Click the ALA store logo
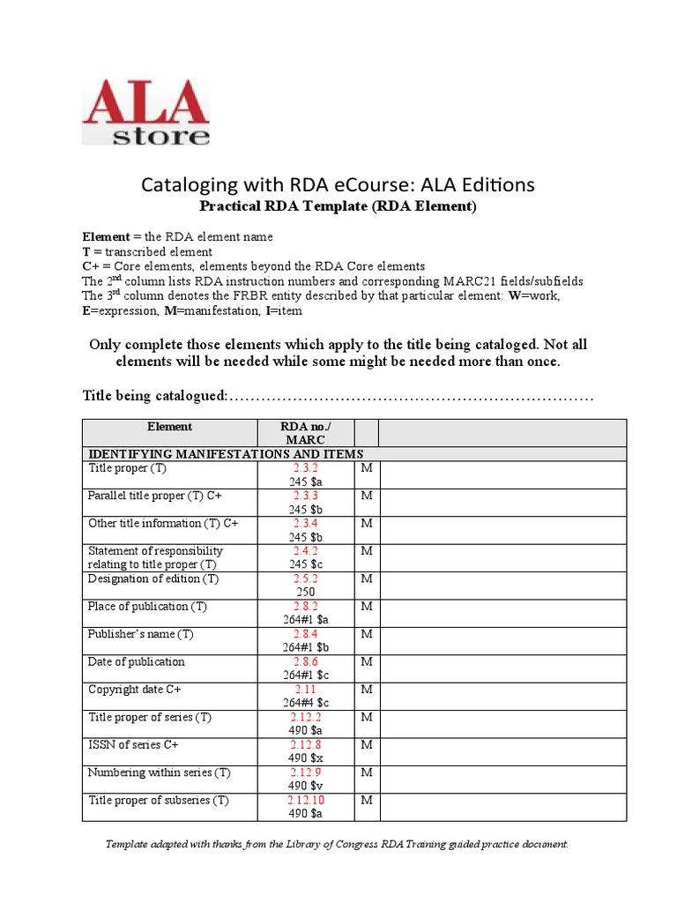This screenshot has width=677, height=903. click(x=145, y=112)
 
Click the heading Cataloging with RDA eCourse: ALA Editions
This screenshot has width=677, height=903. click(x=338, y=184)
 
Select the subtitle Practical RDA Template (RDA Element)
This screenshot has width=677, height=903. click(x=338, y=206)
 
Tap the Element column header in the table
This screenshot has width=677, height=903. click(x=169, y=427)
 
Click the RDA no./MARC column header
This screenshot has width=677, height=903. click(x=305, y=433)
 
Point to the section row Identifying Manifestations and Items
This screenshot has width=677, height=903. click(x=225, y=453)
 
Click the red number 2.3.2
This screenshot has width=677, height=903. click(x=305, y=468)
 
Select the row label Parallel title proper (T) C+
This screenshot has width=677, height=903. click(x=155, y=496)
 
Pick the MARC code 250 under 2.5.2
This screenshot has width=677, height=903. click(x=305, y=592)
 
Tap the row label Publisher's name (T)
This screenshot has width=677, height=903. click(x=141, y=634)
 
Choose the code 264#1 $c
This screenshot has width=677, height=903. click(x=305, y=675)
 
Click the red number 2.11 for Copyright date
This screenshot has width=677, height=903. click(x=305, y=690)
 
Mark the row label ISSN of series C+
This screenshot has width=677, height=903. click(x=133, y=745)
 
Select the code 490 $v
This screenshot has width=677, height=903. click(x=305, y=786)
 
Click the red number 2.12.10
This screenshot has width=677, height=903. click(x=305, y=800)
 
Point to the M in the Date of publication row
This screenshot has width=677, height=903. click(x=367, y=661)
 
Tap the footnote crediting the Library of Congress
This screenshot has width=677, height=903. click(x=338, y=844)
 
